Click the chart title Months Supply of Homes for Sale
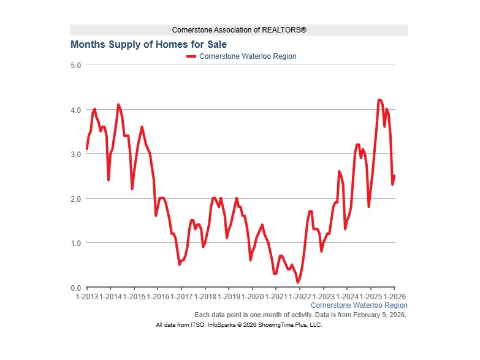[x=148, y=45]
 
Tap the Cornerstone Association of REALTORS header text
[x=239, y=30]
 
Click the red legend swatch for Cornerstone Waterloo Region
[x=191, y=56]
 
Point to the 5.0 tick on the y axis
[x=76, y=65]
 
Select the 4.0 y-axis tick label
[x=76, y=110]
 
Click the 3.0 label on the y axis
[x=76, y=154]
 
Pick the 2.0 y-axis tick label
[x=76, y=199]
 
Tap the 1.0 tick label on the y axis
[x=76, y=243]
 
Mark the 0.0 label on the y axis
[x=76, y=288]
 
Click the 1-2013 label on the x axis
[x=87, y=296]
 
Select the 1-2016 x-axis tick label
[x=158, y=296]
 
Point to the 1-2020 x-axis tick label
[x=251, y=296]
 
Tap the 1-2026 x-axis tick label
[x=393, y=296]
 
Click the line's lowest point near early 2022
[x=298, y=283]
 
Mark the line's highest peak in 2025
[x=379, y=100]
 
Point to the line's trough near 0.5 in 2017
[x=180, y=264]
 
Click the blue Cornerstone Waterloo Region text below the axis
[x=359, y=305]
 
